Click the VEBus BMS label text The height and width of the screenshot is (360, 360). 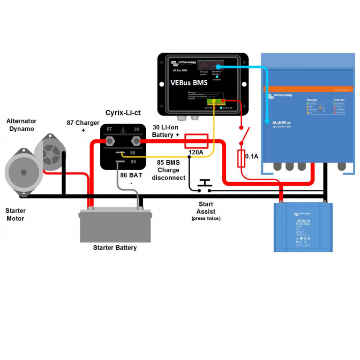click(x=189, y=83)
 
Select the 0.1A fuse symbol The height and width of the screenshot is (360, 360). click(x=241, y=158)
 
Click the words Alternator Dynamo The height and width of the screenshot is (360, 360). click(x=21, y=125)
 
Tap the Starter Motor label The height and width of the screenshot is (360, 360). click(x=15, y=214)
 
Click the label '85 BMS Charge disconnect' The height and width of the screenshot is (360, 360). click(x=168, y=170)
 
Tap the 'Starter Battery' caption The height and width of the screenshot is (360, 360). click(x=115, y=247)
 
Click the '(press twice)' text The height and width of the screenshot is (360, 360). click(x=206, y=219)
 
